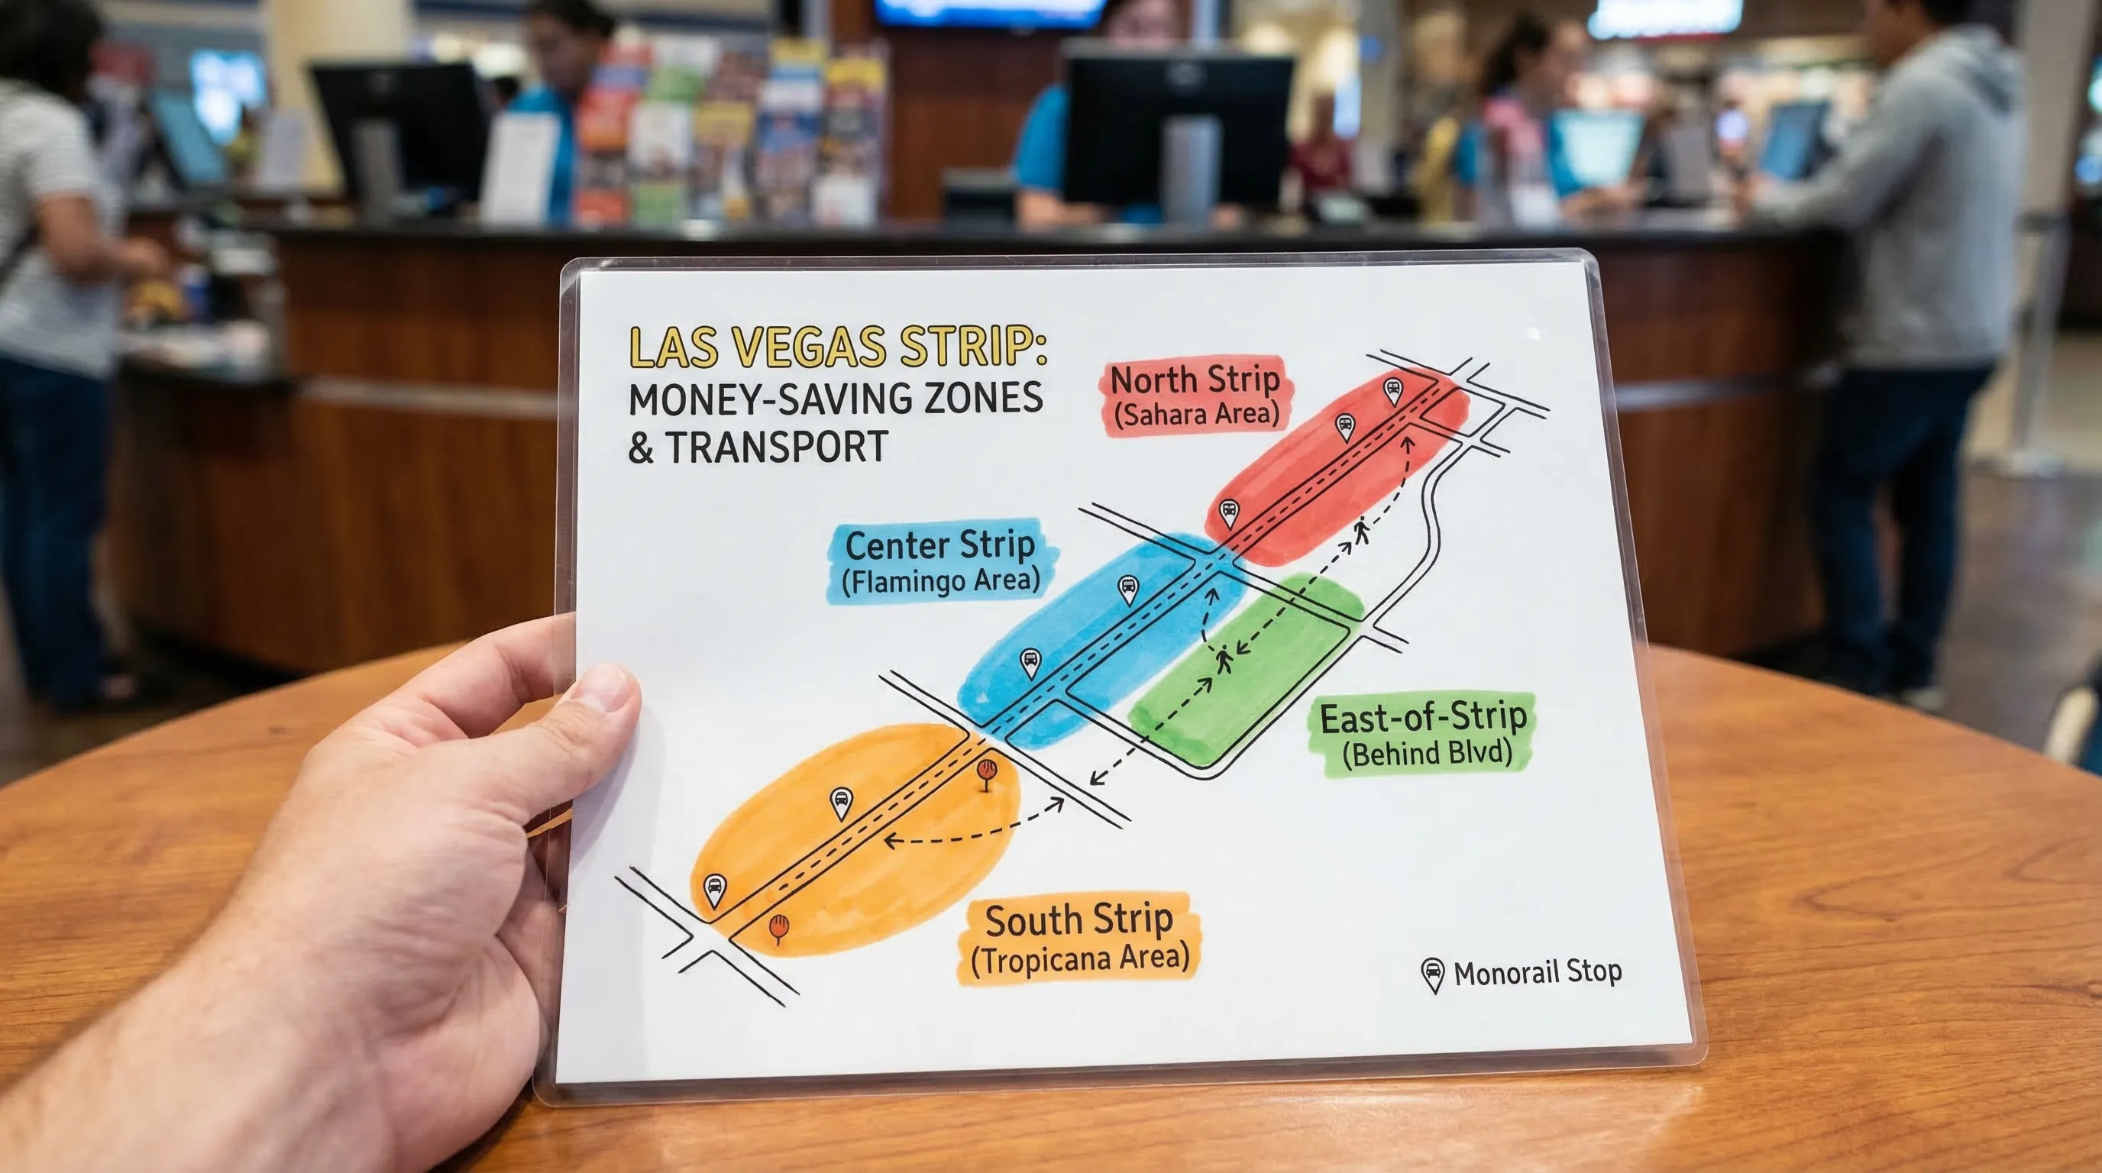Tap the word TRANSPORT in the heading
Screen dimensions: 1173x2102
(x=777, y=447)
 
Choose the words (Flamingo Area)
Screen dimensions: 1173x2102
(x=941, y=582)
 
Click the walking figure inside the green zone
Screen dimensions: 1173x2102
(x=1223, y=659)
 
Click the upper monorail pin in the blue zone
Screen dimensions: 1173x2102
(x=1127, y=588)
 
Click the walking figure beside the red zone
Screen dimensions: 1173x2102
(x=1361, y=531)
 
